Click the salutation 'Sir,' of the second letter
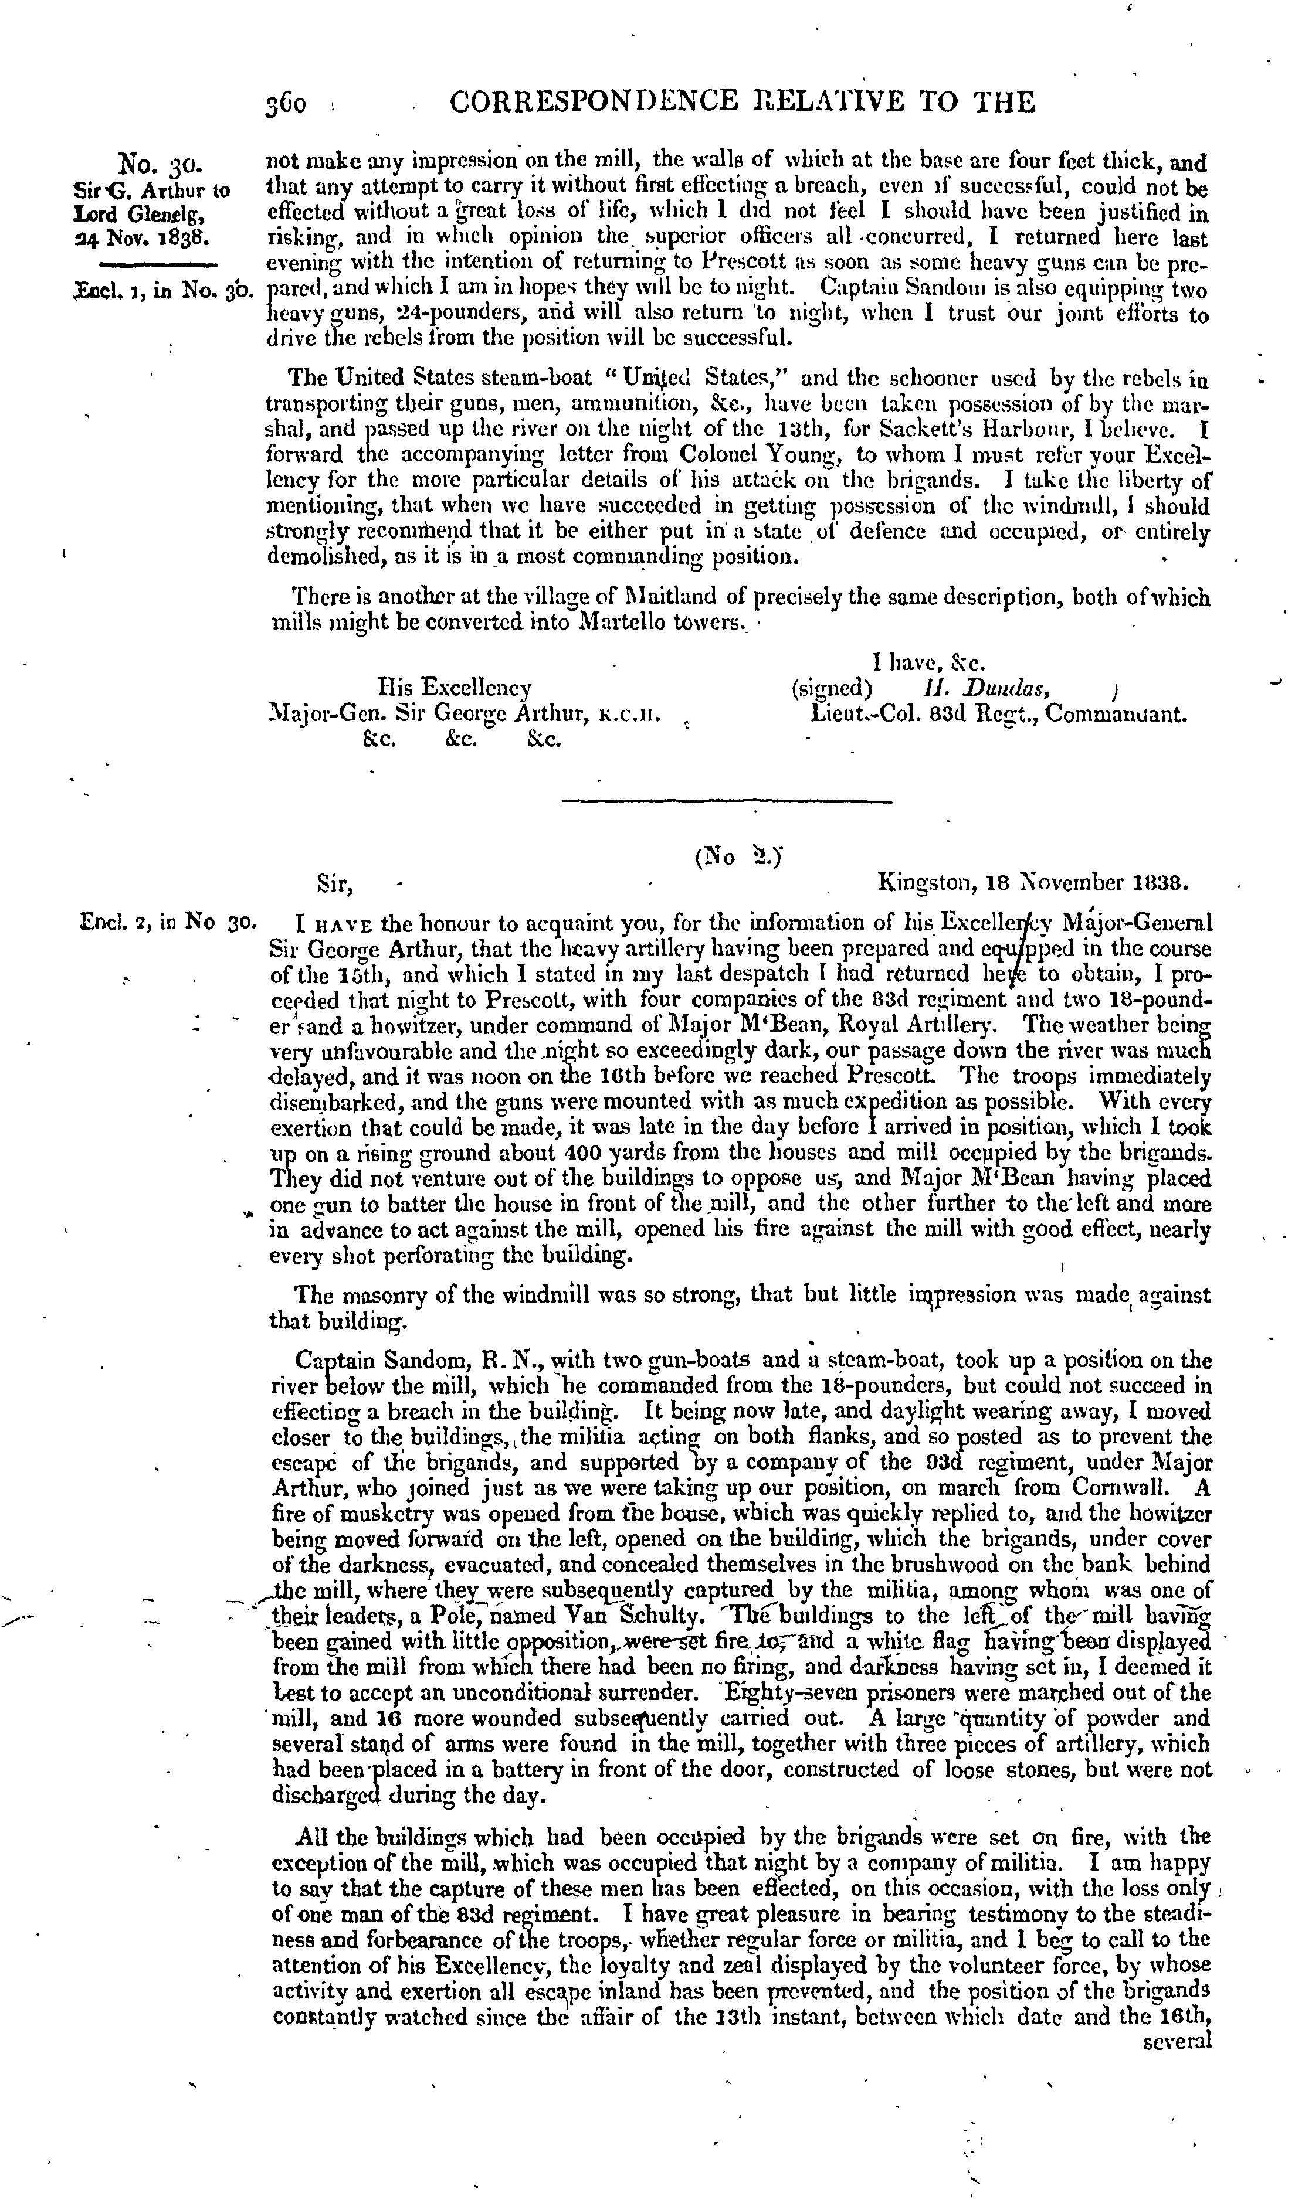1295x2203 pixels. (x=335, y=884)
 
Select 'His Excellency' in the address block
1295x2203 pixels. (x=454, y=687)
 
